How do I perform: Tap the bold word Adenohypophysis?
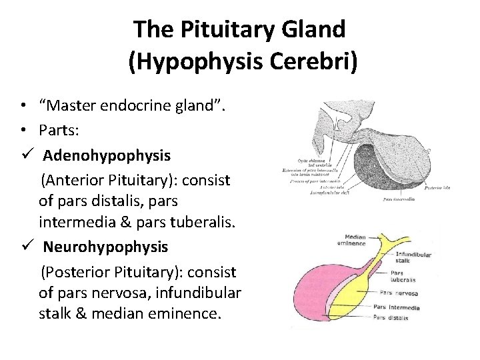tap(107, 155)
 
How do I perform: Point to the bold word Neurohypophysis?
tap(106, 247)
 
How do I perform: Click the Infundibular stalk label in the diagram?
tap(413, 257)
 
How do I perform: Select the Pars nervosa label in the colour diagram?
tap(399, 293)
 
